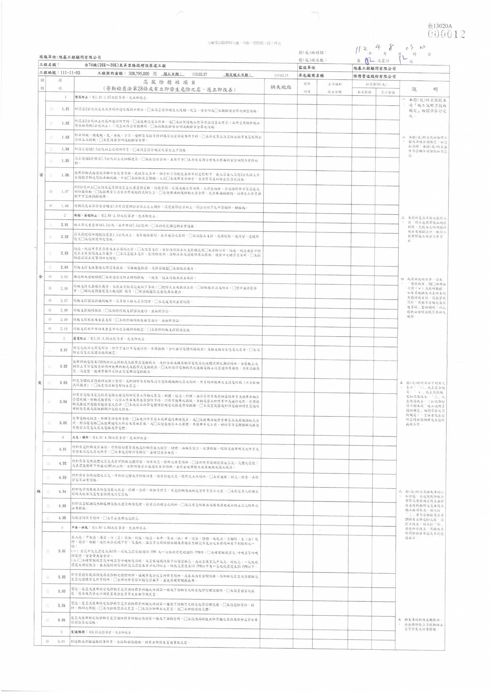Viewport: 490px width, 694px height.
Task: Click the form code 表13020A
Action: [440, 26]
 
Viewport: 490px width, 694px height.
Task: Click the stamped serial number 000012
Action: [446, 34]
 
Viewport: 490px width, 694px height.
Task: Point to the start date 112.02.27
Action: [199, 74]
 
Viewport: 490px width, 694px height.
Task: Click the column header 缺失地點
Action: [281, 87]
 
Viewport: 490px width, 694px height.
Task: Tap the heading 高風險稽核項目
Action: [169, 82]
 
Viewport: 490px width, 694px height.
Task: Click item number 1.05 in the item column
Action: [65, 160]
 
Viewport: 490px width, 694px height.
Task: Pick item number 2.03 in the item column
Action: [64, 253]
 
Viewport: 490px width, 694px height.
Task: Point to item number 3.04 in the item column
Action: [63, 402]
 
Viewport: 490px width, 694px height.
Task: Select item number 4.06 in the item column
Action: [62, 518]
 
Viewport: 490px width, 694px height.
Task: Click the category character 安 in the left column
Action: [41, 175]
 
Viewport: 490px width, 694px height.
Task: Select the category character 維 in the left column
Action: [39, 491]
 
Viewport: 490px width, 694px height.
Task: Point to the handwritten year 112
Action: [361, 50]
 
